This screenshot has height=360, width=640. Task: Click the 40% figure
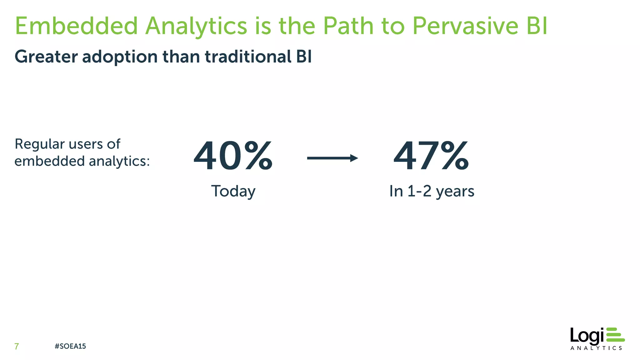[x=233, y=156]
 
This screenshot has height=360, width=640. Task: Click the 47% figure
[x=431, y=156]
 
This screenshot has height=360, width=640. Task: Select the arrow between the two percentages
[x=332, y=158]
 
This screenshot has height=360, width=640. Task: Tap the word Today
[x=233, y=191]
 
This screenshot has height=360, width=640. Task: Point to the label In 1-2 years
[x=432, y=191]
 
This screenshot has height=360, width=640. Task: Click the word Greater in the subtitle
[x=46, y=57]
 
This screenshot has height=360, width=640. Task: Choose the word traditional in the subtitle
[x=248, y=57]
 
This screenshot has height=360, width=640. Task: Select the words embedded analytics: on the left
[x=82, y=161]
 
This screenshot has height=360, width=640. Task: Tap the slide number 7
[x=17, y=346]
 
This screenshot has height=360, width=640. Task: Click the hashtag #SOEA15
[x=70, y=346]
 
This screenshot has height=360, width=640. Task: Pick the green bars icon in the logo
[x=615, y=334]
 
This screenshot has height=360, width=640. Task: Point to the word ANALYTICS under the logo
[x=596, y=348]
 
